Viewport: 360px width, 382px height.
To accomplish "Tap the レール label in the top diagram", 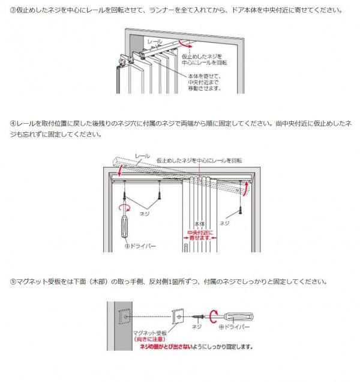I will pos(155,43).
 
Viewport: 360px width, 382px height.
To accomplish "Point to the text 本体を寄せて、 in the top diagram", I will pos(204,76).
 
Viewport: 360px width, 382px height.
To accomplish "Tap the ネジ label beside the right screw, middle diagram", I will pos(225,222).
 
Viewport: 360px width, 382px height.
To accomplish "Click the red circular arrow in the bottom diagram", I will pos(213,317).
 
